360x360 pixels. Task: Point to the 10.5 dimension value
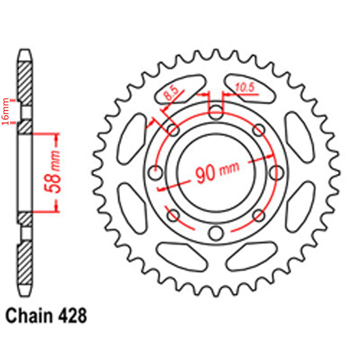[245, 87]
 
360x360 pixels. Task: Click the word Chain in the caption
[27, 316]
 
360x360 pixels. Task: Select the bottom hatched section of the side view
[25, 263]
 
